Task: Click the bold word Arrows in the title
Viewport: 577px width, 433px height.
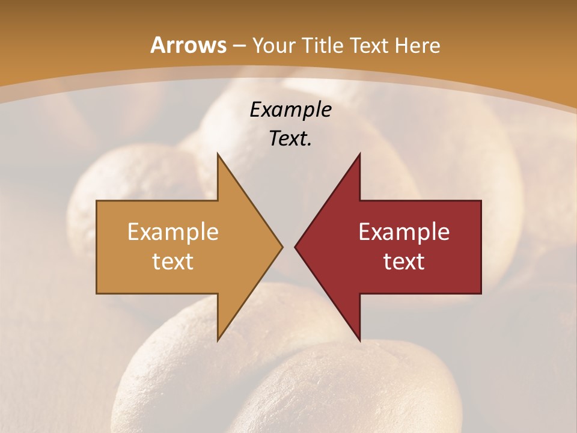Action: pos(188,46)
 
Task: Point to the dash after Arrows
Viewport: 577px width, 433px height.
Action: pos(239,46)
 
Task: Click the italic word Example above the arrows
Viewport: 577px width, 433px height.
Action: pos(290,110)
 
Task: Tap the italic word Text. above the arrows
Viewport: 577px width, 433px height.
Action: pos(290,138)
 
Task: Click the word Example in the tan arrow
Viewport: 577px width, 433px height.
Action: pos(173,232)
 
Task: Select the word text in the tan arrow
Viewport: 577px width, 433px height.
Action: pos(173,261)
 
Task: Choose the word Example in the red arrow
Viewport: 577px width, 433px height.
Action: pos(404,232)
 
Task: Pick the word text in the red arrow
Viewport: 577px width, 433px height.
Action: pos(404,261)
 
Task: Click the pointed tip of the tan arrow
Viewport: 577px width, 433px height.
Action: pos(282,247)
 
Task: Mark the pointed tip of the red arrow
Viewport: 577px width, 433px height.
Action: pos(295,247)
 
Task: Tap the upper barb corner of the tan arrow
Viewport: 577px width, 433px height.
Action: pos(218,153)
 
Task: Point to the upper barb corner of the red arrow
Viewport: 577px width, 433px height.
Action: pos(359,153)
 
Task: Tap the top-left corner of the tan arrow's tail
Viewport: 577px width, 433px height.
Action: pos(97,201)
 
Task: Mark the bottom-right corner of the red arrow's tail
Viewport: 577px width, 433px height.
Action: pos(481,293)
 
